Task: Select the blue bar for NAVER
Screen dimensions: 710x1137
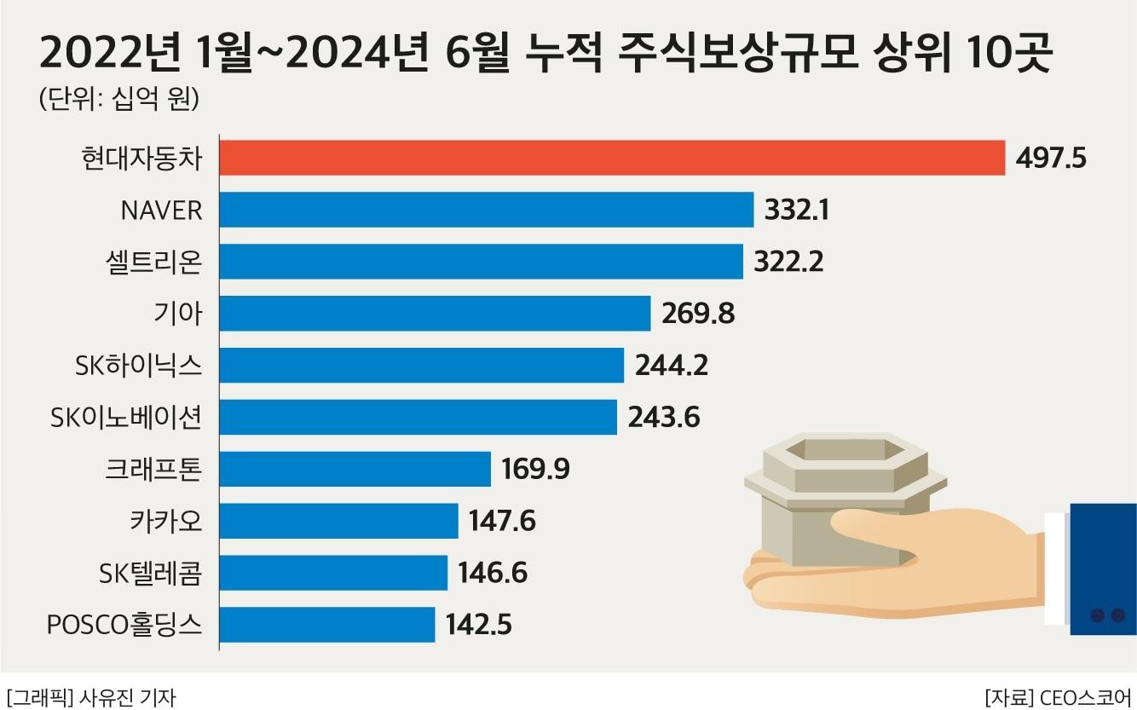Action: tap(487, 210)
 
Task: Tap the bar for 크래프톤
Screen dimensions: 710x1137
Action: tap(355, 469)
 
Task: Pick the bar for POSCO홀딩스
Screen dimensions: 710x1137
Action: tap(327, 625)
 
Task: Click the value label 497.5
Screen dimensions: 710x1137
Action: tap(1051, 158)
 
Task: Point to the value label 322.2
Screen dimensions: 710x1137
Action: tap(788, 262)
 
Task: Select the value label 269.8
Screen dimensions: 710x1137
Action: tap(697, 314)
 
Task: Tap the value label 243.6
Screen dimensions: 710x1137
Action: tap(663, 418)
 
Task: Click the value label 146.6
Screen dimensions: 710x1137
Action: tap(493, 573)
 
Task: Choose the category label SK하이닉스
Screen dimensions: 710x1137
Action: tap(138, 366)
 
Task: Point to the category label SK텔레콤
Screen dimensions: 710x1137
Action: tap(151, 573)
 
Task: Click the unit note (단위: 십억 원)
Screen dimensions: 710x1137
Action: tap(118, 99)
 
